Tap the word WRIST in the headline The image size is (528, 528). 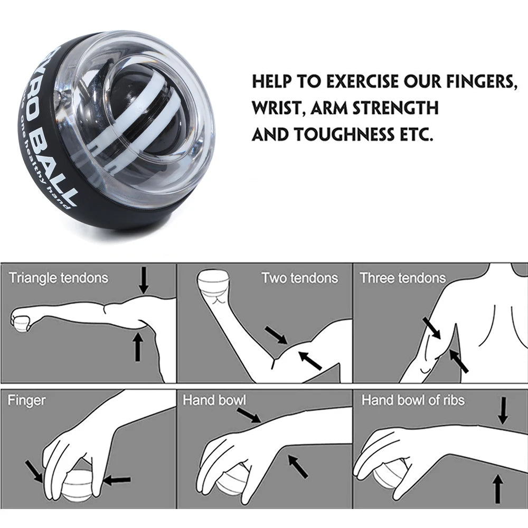point(278,108)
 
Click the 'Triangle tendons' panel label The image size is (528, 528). point(58,278)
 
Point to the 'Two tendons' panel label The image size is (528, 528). point(299,278)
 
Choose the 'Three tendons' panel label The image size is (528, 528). point(403,278)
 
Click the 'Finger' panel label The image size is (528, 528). point(26,400)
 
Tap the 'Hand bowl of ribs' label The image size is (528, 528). point(413,400)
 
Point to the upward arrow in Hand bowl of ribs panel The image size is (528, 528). point(497,488)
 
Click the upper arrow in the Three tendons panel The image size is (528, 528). point(431,328)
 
